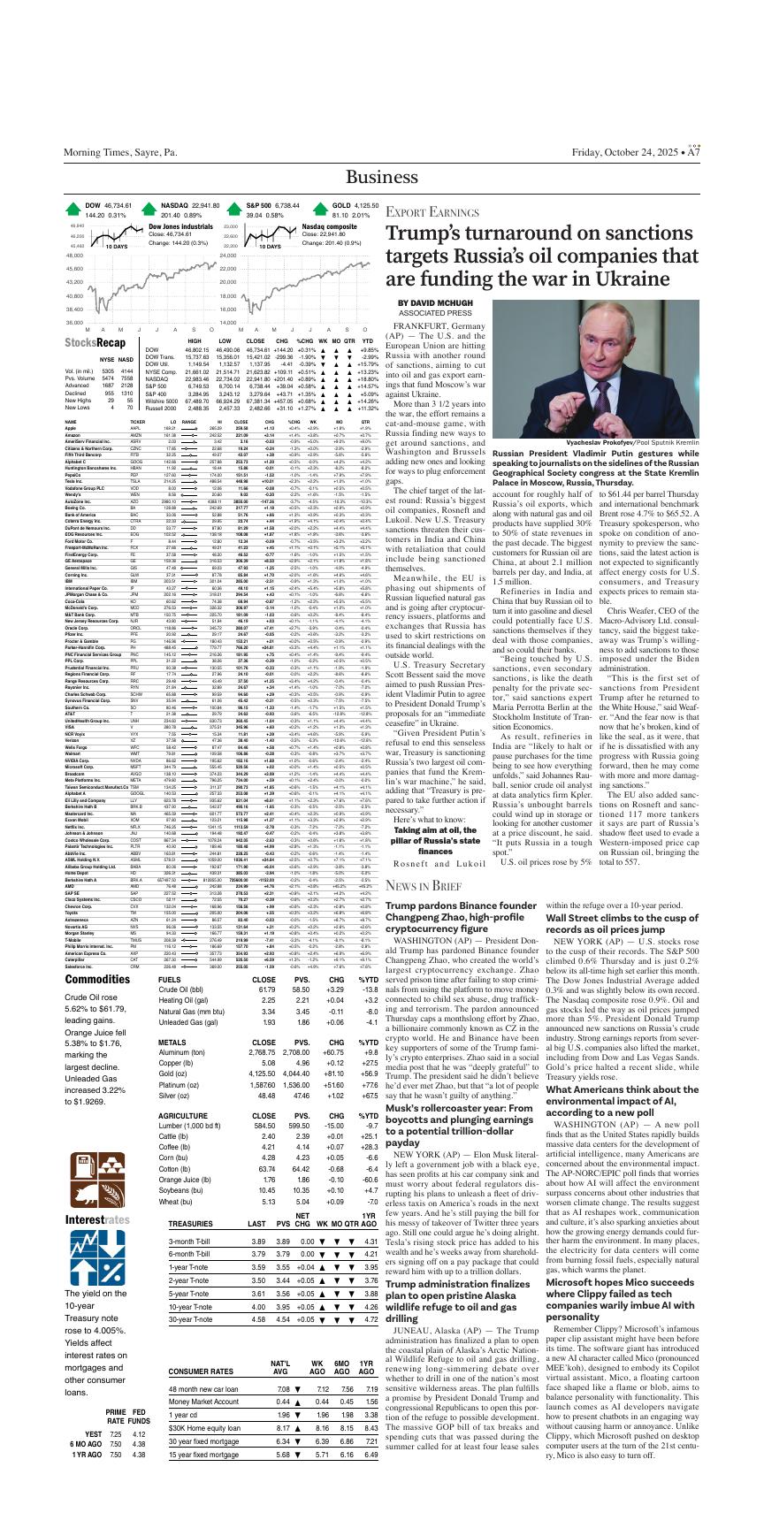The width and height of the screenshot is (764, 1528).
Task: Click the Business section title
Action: click(x=382, y=176)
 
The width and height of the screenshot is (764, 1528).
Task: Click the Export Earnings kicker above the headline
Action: click(x=430, y=213)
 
